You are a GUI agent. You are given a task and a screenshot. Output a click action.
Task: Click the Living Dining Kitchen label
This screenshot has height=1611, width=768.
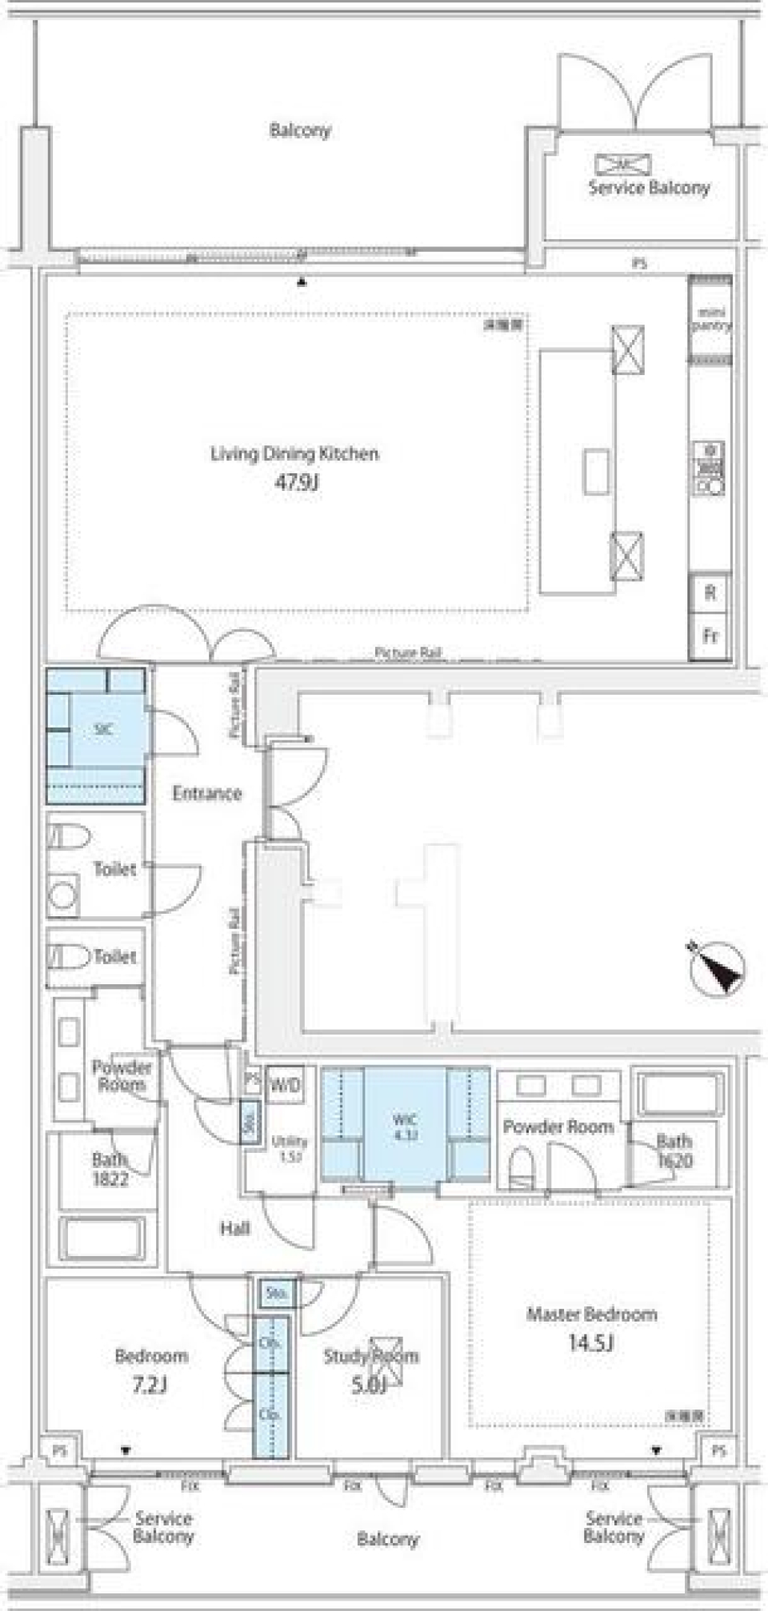294,454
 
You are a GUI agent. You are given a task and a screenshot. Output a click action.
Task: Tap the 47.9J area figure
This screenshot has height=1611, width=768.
297,481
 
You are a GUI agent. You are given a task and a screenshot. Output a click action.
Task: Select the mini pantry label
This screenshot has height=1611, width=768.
710,319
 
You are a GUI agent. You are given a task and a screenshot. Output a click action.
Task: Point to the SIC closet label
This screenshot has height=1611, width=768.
103,729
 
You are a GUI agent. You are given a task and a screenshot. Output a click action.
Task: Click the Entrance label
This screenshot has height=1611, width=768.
206,793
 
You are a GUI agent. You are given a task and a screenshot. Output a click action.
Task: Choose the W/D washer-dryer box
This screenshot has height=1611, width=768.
285,1085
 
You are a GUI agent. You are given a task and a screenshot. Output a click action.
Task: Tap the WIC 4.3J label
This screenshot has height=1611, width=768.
405,1127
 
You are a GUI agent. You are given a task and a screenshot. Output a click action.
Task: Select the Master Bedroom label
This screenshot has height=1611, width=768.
591,1314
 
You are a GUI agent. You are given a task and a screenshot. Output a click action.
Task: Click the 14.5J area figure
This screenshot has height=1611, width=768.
590,1342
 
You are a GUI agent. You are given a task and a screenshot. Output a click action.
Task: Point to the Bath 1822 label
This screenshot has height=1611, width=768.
110,1169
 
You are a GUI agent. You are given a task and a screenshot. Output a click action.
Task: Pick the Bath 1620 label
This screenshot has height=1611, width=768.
674,1151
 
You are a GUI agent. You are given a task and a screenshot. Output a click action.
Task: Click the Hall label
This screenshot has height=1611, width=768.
234,1229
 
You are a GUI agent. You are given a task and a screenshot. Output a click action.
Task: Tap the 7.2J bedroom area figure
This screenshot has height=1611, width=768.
150,1384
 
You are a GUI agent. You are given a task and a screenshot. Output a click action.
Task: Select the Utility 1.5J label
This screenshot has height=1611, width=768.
289,1148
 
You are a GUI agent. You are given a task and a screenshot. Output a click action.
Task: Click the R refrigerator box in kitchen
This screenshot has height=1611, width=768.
710,593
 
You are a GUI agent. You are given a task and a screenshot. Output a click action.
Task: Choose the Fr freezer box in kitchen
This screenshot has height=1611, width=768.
710,636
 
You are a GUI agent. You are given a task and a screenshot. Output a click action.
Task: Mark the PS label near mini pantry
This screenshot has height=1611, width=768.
639,262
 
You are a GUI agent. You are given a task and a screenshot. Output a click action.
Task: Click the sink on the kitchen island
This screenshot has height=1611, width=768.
595,472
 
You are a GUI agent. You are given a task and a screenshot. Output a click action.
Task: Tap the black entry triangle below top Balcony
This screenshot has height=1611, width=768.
302,281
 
